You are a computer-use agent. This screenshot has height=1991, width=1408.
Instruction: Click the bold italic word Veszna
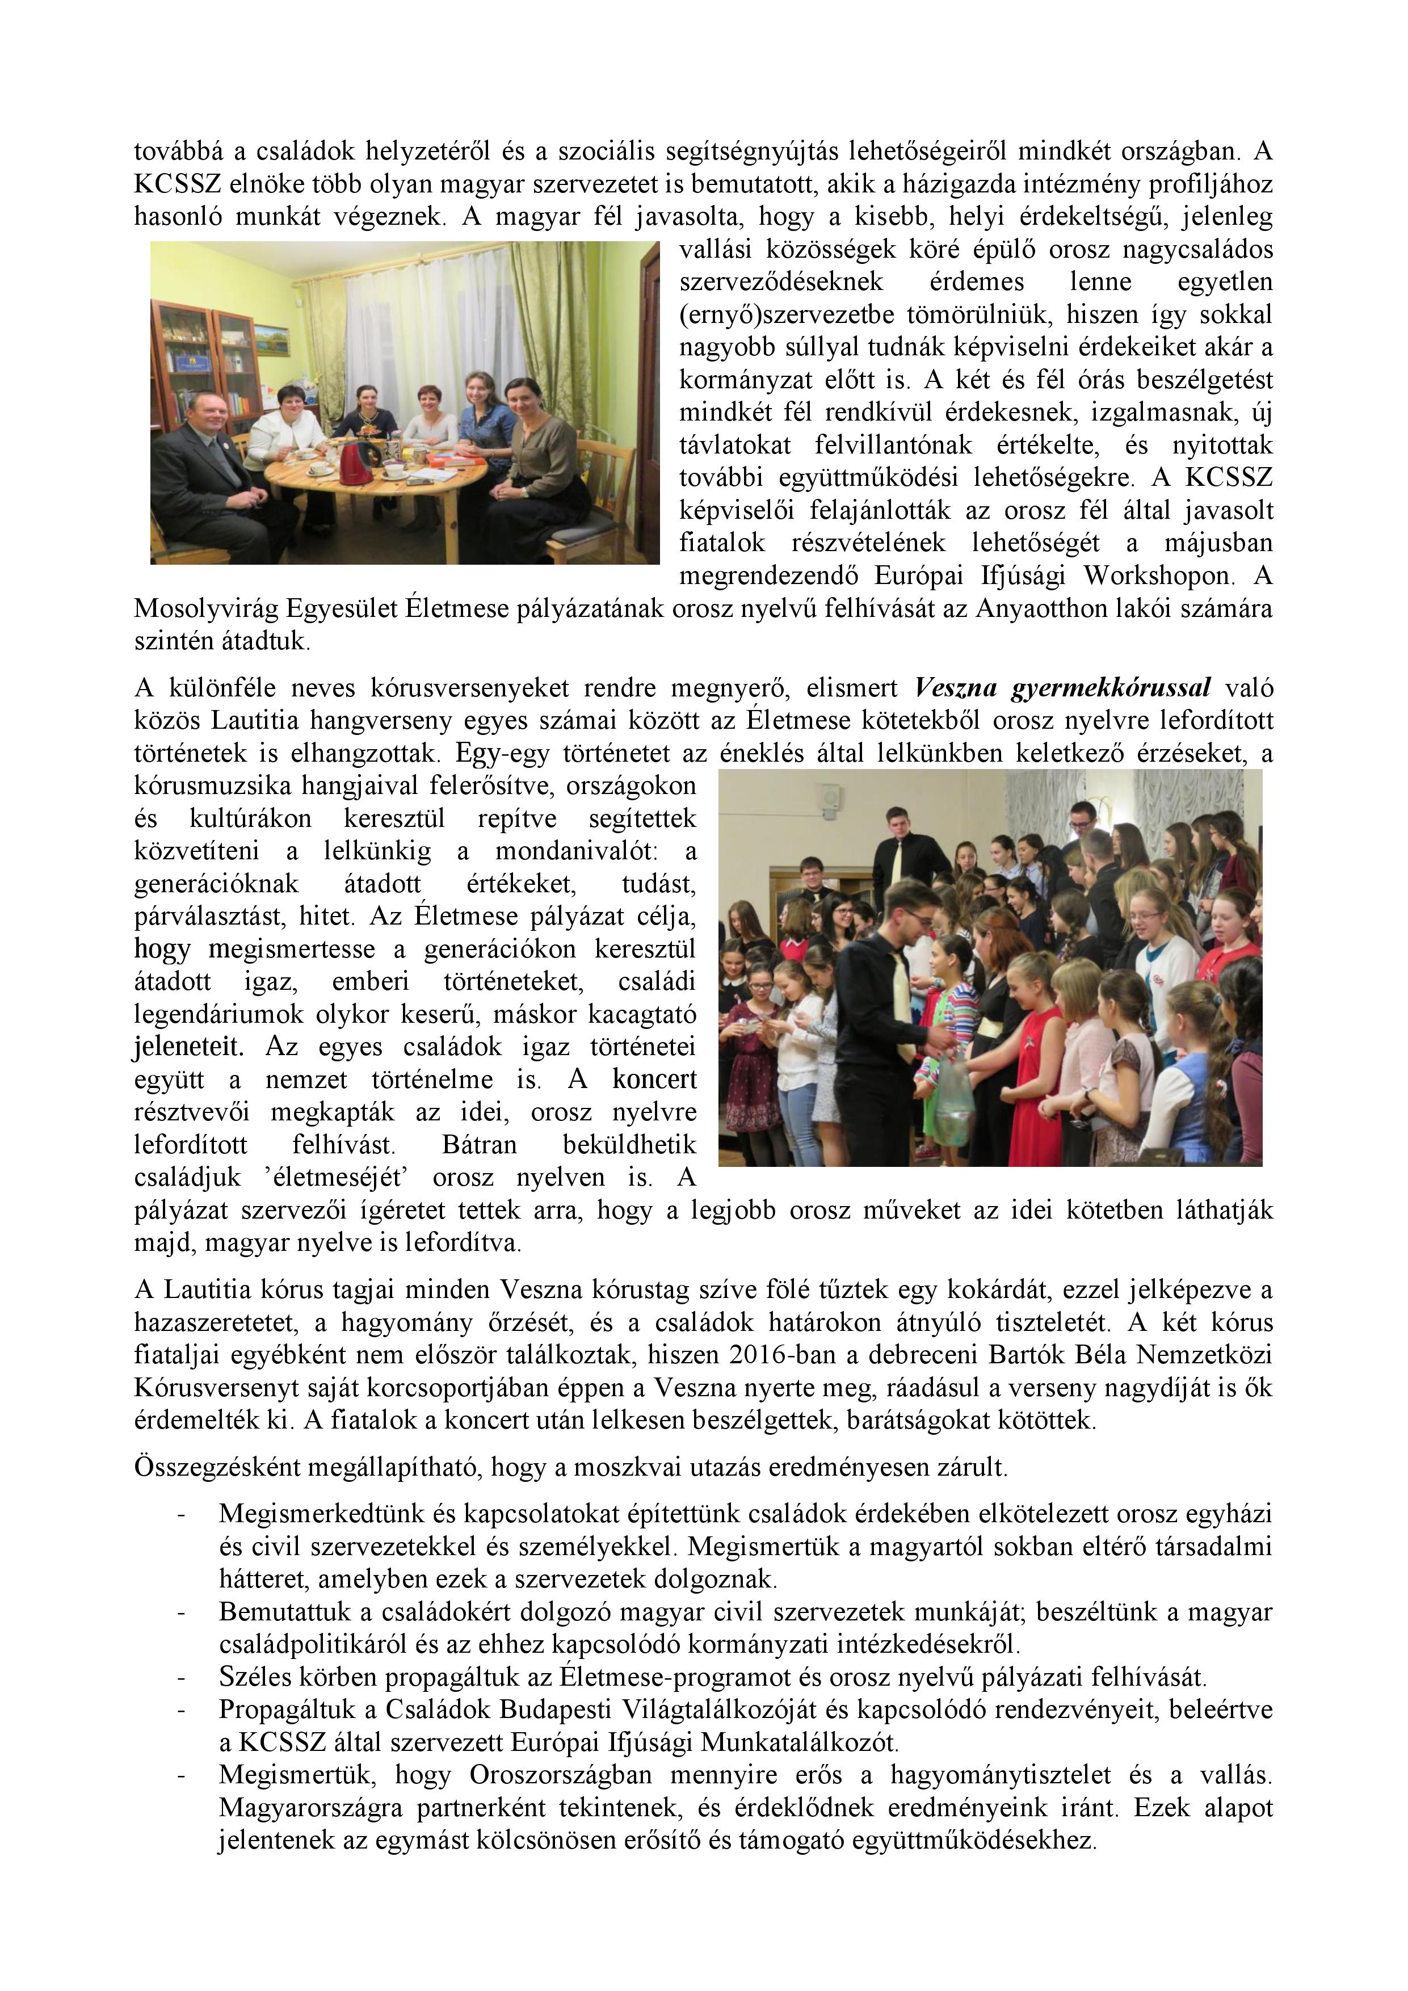click(x=959, y=688)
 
